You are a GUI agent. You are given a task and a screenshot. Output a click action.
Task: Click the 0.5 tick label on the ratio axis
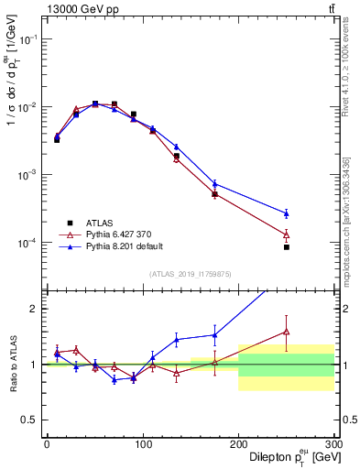pos(31,420)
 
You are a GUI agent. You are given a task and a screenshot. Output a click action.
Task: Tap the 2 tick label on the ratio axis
pos(36,309)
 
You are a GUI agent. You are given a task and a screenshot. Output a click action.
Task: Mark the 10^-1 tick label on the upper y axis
pos(29,39)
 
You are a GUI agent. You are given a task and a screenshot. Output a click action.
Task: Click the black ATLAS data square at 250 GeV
pos(287,247)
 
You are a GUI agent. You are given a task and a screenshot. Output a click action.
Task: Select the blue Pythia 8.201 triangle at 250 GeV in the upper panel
pos(287,213)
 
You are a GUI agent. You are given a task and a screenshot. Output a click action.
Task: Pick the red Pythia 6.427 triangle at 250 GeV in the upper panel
pos(287,234)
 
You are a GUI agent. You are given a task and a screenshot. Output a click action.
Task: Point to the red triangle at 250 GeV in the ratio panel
pos(287,332)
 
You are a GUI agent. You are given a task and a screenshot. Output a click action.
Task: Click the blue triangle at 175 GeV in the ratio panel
pos(214,334)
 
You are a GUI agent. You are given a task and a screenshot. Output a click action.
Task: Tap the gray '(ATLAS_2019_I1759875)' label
pos(190,273)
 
